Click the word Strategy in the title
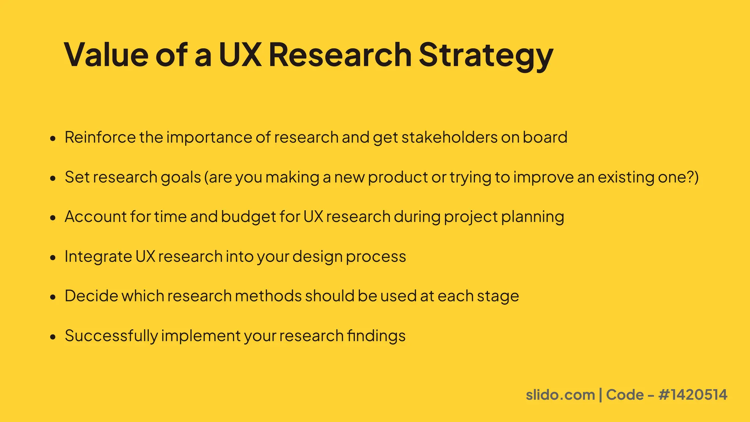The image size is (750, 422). coord(486,55)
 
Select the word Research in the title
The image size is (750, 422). coord(340,55)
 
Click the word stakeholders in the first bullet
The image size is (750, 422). coord(449,137)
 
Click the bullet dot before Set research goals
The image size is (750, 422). coord(53,178)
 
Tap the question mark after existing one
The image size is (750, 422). coord(690,177)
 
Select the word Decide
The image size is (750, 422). coord(92,296)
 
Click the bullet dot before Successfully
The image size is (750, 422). coord(53,337)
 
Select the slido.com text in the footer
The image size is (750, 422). coord(560,395)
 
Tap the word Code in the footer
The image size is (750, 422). coord(625,395)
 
